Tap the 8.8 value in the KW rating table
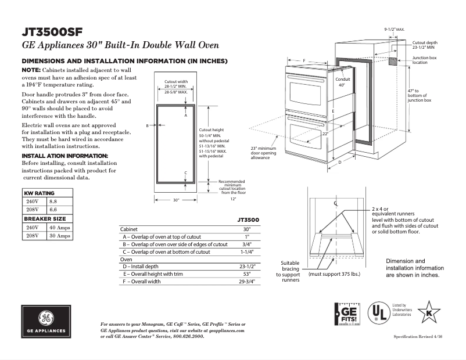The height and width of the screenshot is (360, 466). pyautogui.click(x=53, y=200)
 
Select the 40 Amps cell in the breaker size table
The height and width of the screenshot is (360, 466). pyautogui.click(x=59, y=228)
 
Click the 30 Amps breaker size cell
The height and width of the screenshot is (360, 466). pyautogui.click(x=59, y=236)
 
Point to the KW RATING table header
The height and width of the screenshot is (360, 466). pyautogui.click(x=39, y=192)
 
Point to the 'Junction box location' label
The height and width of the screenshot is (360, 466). pyautogui.click(x=425, y=60)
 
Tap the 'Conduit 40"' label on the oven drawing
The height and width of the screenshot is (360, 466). pyautogui.click(x=342, y=82)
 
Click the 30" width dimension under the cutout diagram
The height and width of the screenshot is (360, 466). pyautogui.click(x=175, y=199)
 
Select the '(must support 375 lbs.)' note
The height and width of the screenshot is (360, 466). pyautogui.click(x=334, y=273)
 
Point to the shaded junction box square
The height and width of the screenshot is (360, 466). pyautogui.click(x=393, y=61)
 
